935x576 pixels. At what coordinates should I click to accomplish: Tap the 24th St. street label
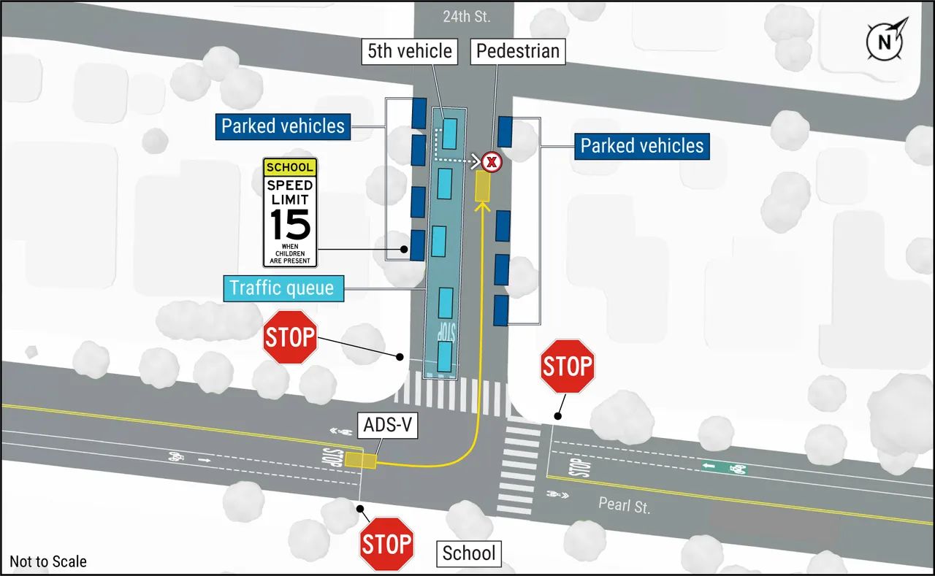pos(467,16)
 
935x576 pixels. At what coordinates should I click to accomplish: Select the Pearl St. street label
pos(624,504)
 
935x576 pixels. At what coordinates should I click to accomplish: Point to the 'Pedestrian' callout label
pos(517,51)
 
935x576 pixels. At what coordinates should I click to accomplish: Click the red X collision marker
pos(492,161)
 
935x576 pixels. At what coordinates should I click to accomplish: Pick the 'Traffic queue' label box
pos(282,288)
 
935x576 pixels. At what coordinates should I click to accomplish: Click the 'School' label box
pos(469,553)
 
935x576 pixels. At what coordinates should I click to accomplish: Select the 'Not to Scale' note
pos(48,561)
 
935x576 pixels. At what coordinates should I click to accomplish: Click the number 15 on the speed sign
pos(290,224)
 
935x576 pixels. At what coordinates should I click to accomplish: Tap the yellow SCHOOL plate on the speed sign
pos(290,167)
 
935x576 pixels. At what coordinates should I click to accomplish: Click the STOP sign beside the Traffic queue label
pos(289,337)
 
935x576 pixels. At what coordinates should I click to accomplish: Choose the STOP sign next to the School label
pos(386,544)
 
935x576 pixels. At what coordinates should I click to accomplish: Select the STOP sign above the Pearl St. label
pos(567,366)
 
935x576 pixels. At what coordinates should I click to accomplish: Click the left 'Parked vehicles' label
pos(283,126)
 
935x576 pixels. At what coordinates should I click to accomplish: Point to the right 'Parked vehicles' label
pos(641,145)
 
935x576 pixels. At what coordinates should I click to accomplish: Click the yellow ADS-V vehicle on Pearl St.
pos(360,460)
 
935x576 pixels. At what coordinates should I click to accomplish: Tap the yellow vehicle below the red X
pos(482,186)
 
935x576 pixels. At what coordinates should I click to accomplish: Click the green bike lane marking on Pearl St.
pos(725,468)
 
